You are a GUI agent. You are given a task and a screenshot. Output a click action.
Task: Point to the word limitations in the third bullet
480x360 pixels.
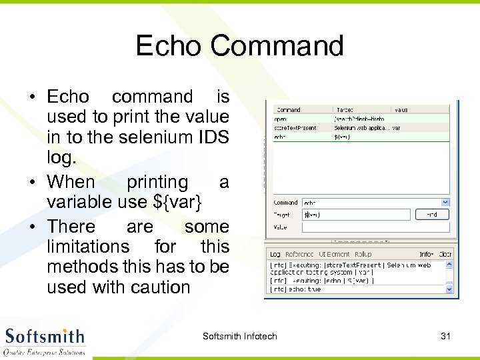click(88, 247)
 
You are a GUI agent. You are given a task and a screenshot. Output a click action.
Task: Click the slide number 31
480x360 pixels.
click(445, 336)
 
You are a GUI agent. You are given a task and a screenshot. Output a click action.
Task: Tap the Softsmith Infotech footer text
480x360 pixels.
click(239, 336)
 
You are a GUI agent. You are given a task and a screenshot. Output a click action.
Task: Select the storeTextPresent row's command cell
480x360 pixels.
click(296, 127)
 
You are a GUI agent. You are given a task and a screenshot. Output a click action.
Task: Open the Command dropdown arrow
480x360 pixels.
click(445, 202)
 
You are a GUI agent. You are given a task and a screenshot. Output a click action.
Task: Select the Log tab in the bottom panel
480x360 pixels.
click(275, 254)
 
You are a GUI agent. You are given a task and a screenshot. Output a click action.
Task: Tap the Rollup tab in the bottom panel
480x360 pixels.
click(363, 254)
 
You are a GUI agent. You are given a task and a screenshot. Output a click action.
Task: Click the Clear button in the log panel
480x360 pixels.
click(445, 254)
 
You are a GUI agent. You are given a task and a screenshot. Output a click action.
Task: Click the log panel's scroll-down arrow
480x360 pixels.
click(448, 288)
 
